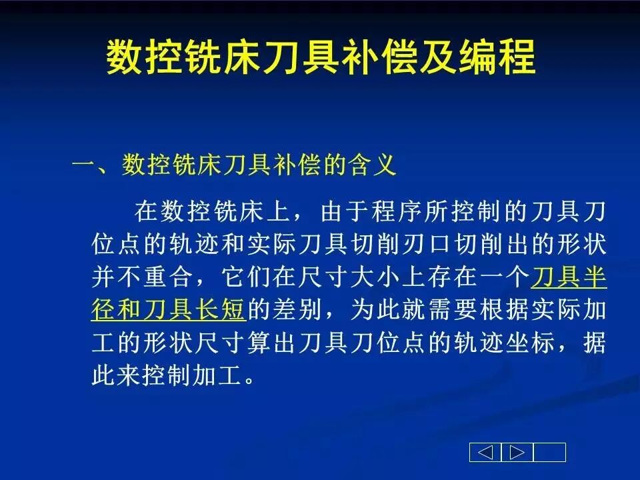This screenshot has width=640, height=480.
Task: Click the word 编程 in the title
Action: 497,57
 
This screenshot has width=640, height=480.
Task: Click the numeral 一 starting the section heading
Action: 84,166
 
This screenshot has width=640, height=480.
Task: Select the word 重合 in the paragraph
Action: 169,276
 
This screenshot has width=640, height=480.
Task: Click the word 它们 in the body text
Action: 246,276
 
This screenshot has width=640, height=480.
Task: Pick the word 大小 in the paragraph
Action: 375,276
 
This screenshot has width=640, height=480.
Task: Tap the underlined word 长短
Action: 221,309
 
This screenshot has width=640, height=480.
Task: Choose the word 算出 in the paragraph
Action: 272,341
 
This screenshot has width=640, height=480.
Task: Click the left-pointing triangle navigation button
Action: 485,452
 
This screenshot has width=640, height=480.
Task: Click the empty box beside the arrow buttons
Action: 549,452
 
